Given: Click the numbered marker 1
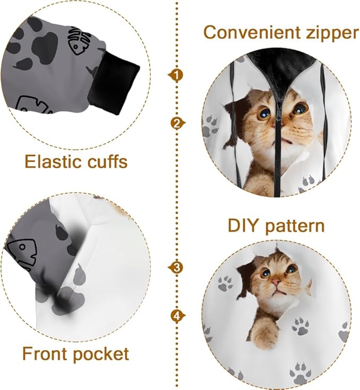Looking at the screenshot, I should tap(177, 75).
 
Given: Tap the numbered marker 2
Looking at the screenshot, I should tap(177, 123).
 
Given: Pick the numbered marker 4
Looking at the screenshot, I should tap(177, 316).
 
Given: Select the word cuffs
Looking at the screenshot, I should tap(106, 161).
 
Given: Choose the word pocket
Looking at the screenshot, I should tap(101, 354).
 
